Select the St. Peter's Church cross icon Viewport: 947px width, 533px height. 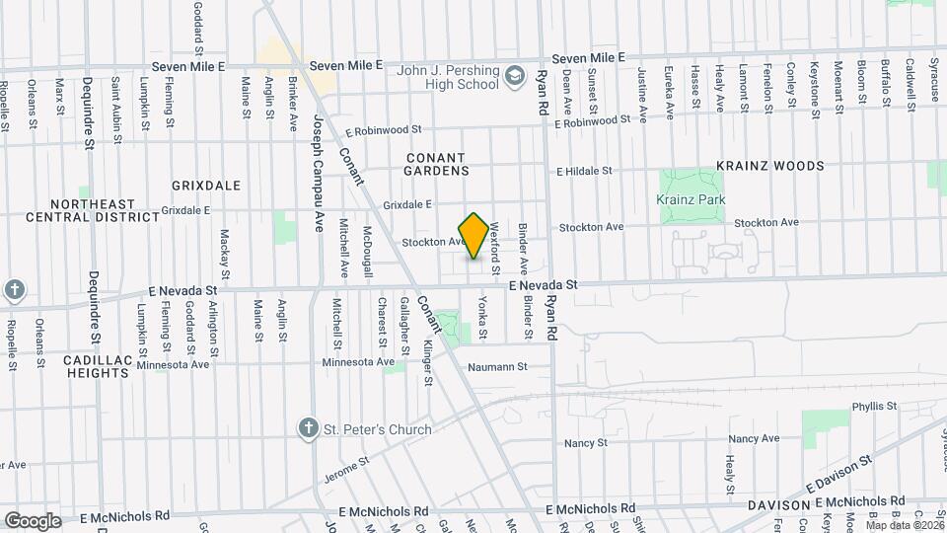tap(309, 428)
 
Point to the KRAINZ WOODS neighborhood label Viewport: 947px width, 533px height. tap(769, 166)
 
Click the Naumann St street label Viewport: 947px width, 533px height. tap(497, 366)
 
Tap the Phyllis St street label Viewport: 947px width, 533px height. tap(874, 406)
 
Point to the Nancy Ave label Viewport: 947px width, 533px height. tap(754, 438)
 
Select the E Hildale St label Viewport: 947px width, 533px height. tap(584, 170)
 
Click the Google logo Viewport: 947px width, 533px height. tap(33, 520)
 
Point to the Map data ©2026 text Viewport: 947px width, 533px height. tap(905, 525)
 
